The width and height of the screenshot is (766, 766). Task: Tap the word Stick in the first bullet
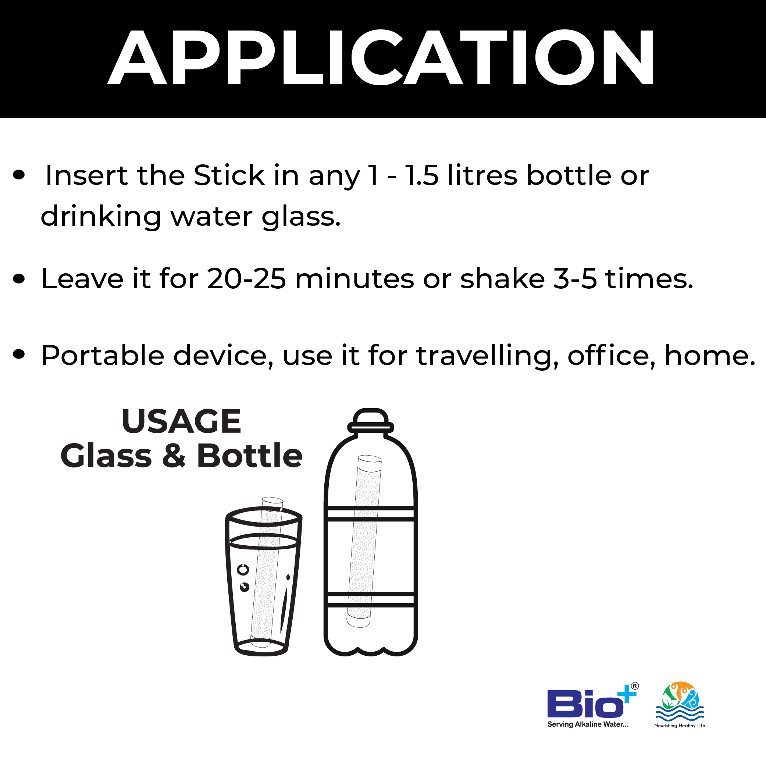point(229,175)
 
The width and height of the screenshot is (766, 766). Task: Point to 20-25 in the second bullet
point(246,279)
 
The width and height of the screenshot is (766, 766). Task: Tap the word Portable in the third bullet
point(103,355)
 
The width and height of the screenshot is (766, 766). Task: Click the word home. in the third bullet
point(710,355)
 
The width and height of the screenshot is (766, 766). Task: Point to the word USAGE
point(181,421)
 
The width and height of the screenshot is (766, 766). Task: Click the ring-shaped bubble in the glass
point(243,570)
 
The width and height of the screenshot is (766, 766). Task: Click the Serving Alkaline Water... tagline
point(588,724)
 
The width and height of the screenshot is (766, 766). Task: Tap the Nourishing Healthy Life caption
point(680,726)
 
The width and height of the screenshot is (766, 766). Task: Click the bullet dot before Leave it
point(19,279)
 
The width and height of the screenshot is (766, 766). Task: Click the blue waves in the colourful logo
point(680,713)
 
